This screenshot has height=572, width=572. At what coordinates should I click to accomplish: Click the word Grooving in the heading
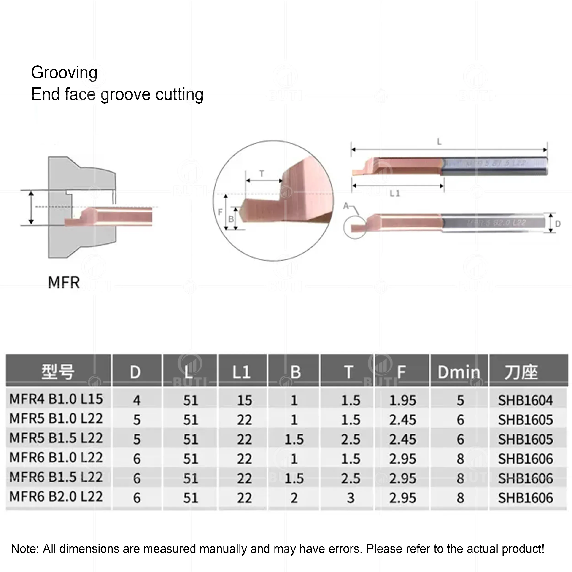tap(64, 73)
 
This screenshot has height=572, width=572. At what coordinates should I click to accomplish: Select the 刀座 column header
tap(521, 372)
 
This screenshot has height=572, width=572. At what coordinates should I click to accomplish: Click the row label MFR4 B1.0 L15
tap(56, 399)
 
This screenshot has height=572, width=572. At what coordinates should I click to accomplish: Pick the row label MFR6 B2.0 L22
tap(56, 496)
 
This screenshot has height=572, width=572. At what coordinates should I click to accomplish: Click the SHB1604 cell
tap(525, 400)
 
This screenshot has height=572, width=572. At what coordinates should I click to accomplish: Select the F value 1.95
tap(402, 400)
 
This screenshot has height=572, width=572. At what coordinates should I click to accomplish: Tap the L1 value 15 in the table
tap(244, 400)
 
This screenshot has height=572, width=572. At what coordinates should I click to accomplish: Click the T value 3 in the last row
tap(351, 498)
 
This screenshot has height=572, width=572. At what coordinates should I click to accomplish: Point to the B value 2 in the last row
tap(294, 498)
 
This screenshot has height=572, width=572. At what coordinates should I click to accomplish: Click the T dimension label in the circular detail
tap(262, 174)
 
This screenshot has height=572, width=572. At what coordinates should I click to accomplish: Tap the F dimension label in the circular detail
tap(220, 212)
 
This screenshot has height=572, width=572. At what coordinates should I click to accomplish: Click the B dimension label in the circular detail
tap(231, 219)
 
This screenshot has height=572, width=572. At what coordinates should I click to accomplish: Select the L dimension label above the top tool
tap(439, 142)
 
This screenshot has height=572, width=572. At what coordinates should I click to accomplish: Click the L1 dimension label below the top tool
tap(395, 193)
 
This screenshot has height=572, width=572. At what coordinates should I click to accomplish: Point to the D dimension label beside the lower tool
tap(558, 224)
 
